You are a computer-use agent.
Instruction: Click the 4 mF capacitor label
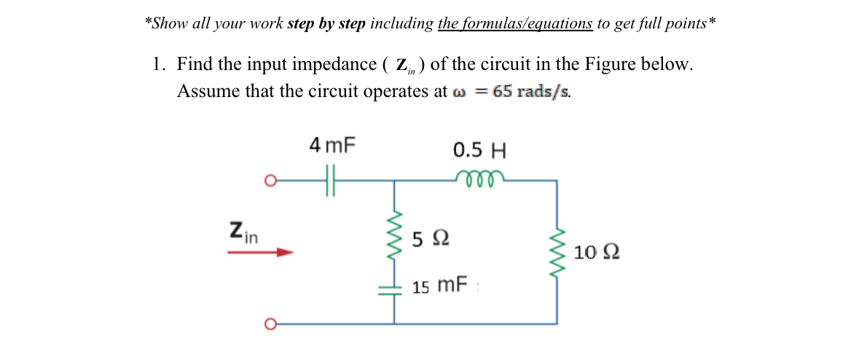[x=332, y=145]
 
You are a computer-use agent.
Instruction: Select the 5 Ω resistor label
[x=430, y=238]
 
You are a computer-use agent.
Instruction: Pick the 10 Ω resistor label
[x=597, y=253]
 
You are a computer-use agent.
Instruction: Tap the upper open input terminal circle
[x=270, y=179]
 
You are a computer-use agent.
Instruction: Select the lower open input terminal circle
[x=270, y=323]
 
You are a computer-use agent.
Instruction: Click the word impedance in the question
[x=335, y=64]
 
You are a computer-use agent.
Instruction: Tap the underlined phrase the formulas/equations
[x=514, y=23]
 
